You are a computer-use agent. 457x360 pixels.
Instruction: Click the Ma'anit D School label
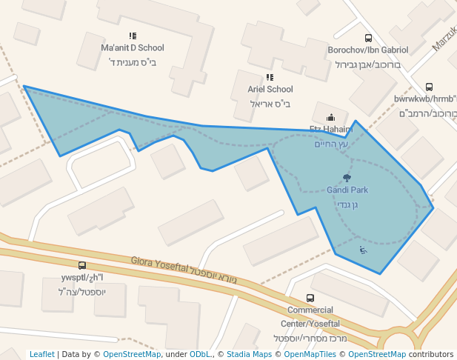[x=132, y=48]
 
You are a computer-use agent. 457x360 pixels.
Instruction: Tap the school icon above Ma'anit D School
[x=133, y=36]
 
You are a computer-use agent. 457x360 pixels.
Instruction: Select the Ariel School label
[x=270, y=90]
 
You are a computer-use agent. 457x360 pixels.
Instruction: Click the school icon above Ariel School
[x=270, y=77]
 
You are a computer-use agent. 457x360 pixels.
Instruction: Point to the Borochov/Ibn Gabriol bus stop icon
[x=368, y=38]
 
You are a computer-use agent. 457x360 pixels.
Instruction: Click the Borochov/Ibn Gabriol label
[x=368, y=50]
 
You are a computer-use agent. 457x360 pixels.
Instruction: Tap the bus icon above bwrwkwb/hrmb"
[x=429, y=87]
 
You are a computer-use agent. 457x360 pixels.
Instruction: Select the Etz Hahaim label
[x=330, y=129]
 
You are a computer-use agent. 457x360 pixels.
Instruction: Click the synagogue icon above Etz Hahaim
[x=330, y=117]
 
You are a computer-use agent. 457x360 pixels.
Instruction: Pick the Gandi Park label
[x=347, y=190]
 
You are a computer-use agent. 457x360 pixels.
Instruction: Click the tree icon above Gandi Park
[x=347, y=178]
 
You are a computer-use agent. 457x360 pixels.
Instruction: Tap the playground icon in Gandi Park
[x=362, y=250]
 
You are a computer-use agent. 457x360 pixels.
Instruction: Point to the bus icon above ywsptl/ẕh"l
[x=81, y=265]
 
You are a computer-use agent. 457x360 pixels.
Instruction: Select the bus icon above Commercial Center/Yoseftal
[x=310, y=298]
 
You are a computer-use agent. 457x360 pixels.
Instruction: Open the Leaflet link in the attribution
[x=41, y=355]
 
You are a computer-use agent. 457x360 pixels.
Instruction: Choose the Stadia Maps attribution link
[x=249, y=355]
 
